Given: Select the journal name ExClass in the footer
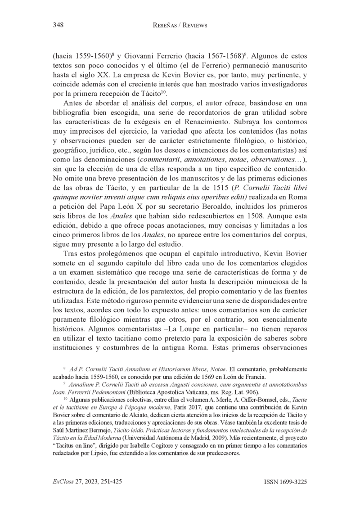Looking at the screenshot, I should click(64, 481).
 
